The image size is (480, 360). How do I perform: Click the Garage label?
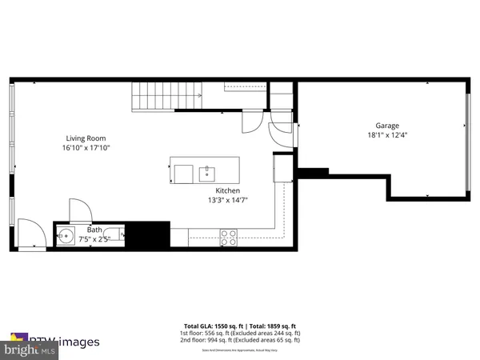(387, 126)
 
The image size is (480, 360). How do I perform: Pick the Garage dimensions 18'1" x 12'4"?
(387, 136)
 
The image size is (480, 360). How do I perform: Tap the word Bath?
(94, 229)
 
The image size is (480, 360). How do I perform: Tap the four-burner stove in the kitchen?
(228, 237)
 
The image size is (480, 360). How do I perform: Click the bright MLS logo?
(30, 350)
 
